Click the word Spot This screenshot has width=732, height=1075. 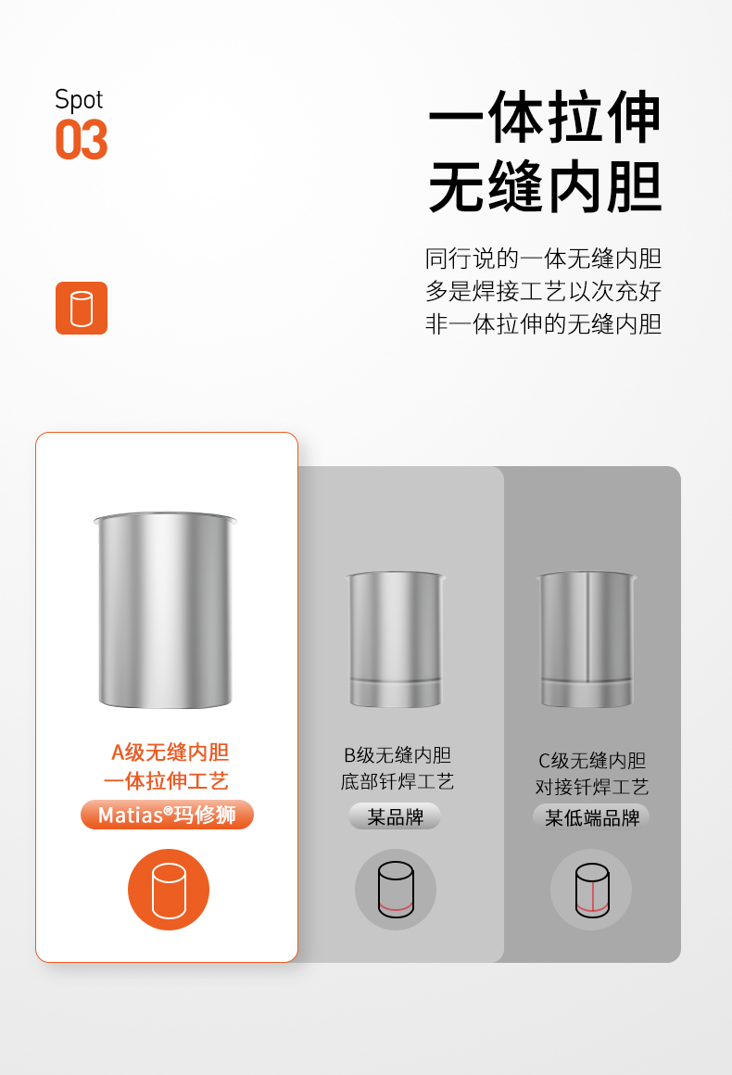[79, 100]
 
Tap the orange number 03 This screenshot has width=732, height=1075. [82, 140]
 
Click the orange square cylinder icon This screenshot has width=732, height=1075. [82, 308]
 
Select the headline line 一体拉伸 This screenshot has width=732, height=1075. [545, 118]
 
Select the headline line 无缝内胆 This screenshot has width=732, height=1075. [545, 187]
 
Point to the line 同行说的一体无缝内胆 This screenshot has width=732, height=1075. [544, 259]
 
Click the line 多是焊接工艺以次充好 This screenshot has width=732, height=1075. [544, 291]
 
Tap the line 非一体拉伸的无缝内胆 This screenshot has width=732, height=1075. [544, 323]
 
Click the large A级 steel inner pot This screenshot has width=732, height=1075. [165, 610]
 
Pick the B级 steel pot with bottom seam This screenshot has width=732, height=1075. [396, 639]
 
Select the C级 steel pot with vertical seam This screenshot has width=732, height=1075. [587, 639]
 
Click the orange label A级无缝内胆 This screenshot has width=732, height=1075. [170, 752]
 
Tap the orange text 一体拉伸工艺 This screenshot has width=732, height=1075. [166, 781]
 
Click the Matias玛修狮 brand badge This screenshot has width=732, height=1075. [167, 815]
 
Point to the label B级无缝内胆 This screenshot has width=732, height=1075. [398, 755]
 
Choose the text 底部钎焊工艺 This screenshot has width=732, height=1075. [398, 781]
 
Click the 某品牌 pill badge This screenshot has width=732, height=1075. [395, 816]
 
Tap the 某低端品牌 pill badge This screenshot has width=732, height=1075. [591, 817]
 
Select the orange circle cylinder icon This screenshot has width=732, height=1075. [169, 890]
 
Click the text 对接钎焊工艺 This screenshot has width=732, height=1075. [592, 787]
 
